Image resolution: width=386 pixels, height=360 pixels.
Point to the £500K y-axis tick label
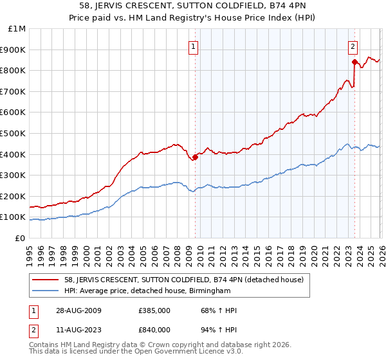(x=14, y=134)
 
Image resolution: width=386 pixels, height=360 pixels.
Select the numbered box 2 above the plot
(x=353, y=46)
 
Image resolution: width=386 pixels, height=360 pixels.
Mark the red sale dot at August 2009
(x=195, y=157)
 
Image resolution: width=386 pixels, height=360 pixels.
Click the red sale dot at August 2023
(x=354, y=62)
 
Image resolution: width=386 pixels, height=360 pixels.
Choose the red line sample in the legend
(x=45, y=280)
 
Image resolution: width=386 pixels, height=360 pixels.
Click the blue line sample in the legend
(x=45, y=291)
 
